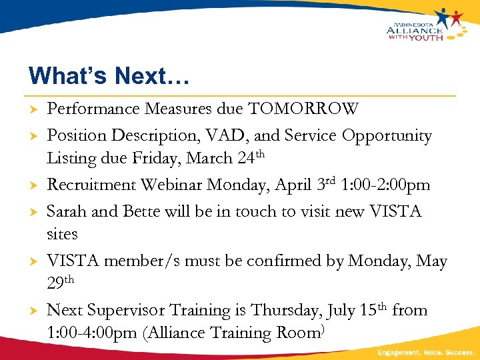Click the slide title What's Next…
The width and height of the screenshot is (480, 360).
(109, 75)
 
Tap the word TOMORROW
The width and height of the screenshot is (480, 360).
(303, 109)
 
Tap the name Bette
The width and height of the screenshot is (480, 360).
(143, 211)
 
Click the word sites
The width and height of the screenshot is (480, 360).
(62, 234)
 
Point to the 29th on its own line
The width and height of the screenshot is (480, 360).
(63, 283)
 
